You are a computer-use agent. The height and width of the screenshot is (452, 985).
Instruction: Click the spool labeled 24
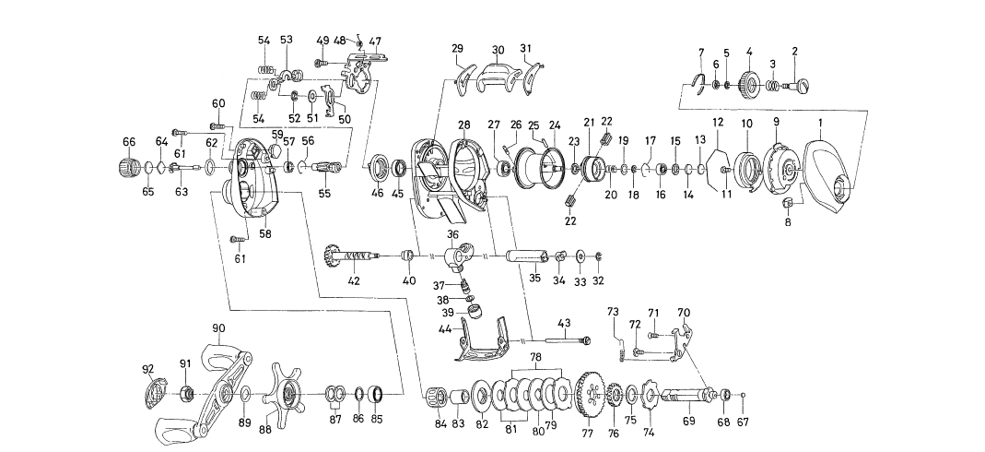(x=538, y=168)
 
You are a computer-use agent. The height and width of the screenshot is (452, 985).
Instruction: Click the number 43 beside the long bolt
(x=564, y=323)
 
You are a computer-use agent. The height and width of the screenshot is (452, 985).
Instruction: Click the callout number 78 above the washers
(x=534, y=356)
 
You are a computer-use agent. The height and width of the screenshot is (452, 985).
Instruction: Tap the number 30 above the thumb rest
(x=498, y=50)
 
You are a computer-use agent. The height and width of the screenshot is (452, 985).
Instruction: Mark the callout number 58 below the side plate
(x=265, y=233)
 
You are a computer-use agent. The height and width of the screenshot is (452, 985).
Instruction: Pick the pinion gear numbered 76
(x=610, y=398)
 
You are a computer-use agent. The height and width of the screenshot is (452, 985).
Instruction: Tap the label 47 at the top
(x=375, y=42)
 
